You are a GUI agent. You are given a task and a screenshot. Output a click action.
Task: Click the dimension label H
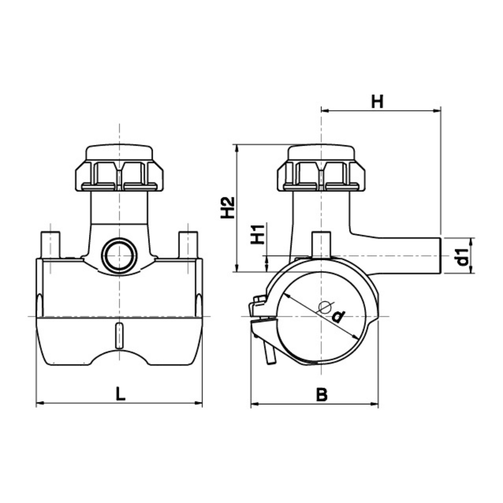pos(377,102)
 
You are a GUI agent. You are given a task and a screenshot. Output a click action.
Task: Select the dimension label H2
pos(228,208)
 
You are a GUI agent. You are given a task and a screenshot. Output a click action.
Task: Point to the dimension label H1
pos(257,234)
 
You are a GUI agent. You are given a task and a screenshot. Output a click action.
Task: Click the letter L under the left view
pos(120,393)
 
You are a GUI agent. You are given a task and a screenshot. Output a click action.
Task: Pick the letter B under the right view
pos(321,394)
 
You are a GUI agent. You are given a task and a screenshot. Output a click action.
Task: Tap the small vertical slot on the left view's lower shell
pos(119,335)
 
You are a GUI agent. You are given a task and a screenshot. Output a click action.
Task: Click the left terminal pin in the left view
pos(50,245)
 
